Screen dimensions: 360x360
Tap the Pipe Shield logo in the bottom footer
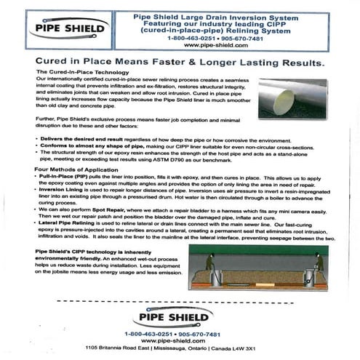tap(180, 318)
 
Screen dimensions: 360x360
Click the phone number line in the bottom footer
tap(180, 333)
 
